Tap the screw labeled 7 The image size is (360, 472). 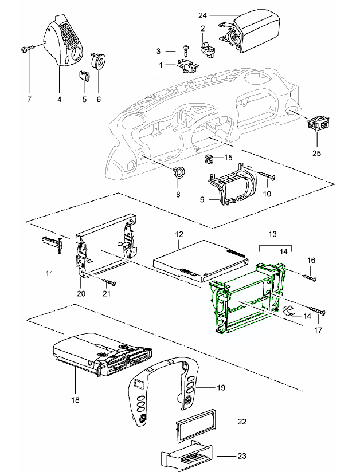click(x=26, y=49)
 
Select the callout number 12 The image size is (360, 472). click(x=179, y=235)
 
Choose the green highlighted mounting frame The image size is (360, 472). click(x=246, y=301)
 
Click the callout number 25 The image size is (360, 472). click(x=316, y=154)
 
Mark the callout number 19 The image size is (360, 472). click(x=222, y=387)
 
